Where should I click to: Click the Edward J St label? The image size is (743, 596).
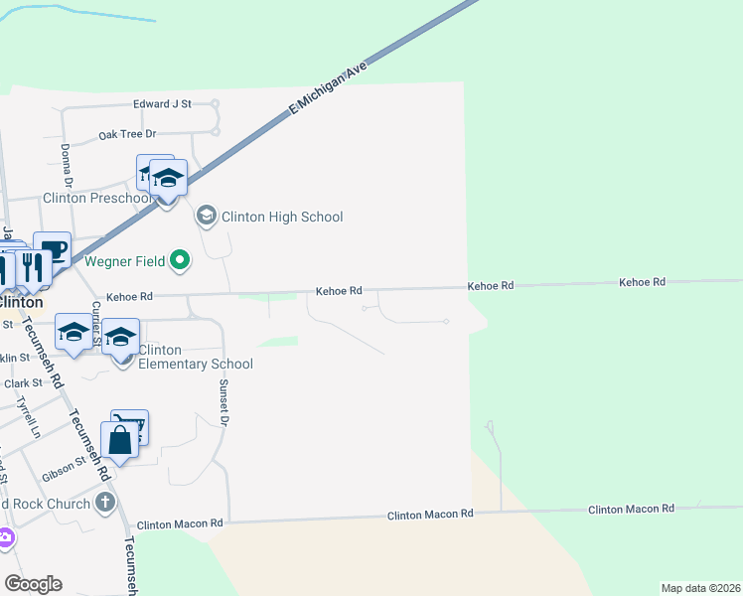click(x=162, y=102)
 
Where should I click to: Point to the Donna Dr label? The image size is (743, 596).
click(x=67, y=165)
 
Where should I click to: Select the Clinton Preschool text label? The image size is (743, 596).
click(x=97, y=198)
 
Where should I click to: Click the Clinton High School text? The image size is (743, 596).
click(x=282, y=217)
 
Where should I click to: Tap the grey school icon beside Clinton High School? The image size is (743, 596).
click(x=207, y=215)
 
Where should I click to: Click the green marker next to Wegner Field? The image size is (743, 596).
click(x=180, y=261)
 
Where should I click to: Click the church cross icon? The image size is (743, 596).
click(x=106, y=502)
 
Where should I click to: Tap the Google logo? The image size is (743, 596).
click(x=33, y=584)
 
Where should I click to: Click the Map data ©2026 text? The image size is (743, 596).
click(x=700, y=588)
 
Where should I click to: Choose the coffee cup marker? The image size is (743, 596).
click(x=52, y=249)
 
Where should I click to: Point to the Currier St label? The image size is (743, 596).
click(x=97, y=325)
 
